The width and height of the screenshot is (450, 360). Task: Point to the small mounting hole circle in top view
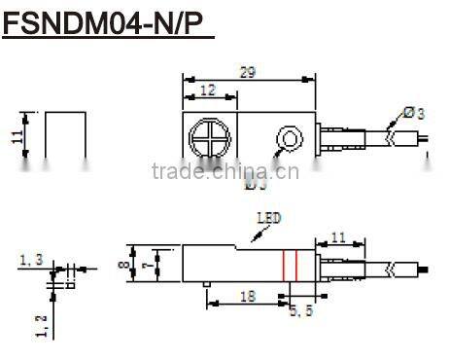point(288,138)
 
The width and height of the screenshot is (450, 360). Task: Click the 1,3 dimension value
point(30,260)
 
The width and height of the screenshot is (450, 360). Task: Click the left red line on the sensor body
point(283,264)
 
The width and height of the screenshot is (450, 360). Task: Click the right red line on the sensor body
point(294,264)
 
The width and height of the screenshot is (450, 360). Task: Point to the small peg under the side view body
point(206,285)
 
